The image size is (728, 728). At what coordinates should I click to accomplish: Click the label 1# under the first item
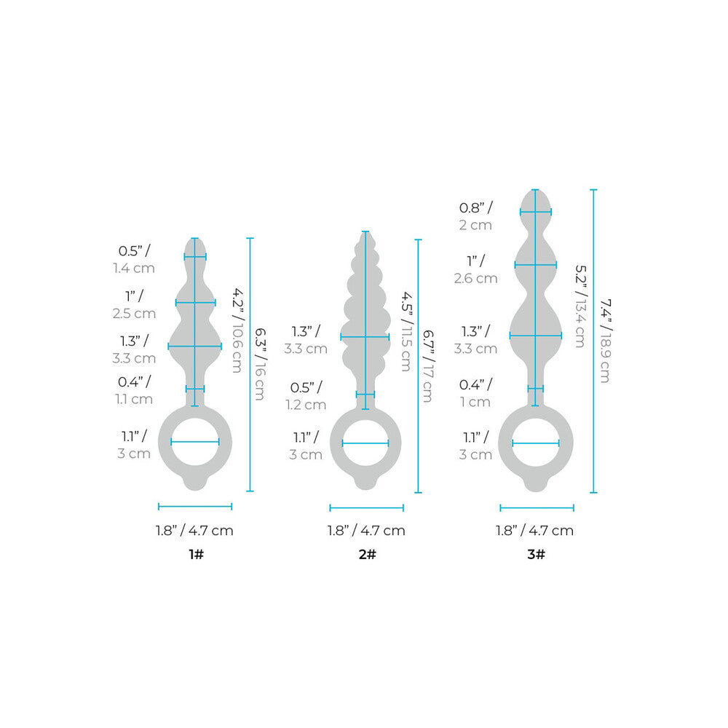(195, 555)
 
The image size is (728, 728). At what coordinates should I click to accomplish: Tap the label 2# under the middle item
(366, 555)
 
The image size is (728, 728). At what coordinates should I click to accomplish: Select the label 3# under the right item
(537, 555)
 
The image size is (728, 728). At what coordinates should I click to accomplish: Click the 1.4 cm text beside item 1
(134, 268)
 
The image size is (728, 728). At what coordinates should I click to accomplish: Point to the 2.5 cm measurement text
(135, 314)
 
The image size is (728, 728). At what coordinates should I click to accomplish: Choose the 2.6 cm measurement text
(476, 278)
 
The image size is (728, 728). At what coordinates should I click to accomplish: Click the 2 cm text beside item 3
(476, 225)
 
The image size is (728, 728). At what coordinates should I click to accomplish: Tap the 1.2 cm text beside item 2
(305, 405)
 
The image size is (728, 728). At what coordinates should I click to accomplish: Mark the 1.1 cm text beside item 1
(133, 399)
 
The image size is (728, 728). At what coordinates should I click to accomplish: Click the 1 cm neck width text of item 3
(475, 402)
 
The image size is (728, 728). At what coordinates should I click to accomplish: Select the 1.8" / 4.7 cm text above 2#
(366, 531)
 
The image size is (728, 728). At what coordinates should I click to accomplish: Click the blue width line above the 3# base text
(537, 508)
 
